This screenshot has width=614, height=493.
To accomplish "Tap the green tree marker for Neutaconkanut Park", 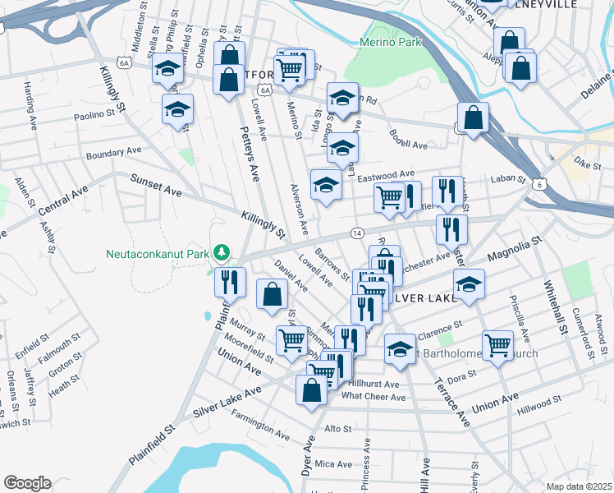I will (x=220, y=251).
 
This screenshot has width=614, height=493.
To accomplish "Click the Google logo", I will (x=27, y=483).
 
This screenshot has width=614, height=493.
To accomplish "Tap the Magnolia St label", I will (x=515, y=249).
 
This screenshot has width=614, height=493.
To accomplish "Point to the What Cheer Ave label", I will (x=373, y=397).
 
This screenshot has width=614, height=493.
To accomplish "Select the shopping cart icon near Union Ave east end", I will (x=497, y=345).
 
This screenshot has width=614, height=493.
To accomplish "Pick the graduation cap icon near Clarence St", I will (x=400, y=348).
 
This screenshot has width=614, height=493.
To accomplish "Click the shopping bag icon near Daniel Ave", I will (x=272, y=295).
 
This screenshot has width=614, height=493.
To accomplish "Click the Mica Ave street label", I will (x=333, y=464).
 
